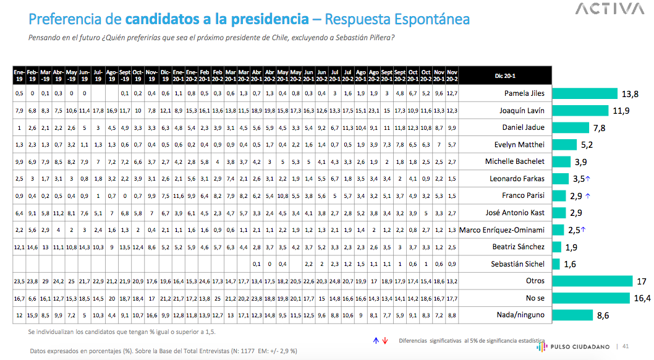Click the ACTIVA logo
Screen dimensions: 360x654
pyautogui.click(x=609, y=9)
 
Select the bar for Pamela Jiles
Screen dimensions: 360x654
pyautogui.click(x=585, y=94)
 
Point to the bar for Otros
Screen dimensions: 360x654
pyautogui.click(x=592, y=281)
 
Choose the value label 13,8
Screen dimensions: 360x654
pyautogui.click(x=630, y=94)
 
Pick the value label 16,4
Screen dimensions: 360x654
pyautogui.click(x=642, y=298)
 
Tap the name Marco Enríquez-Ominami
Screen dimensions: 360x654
pyautogui.click(x=502, y=230)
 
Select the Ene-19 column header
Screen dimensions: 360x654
pyautogui.click(x=19, y=76)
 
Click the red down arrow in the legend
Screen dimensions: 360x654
pyautogui.click(x=384, y=341)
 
